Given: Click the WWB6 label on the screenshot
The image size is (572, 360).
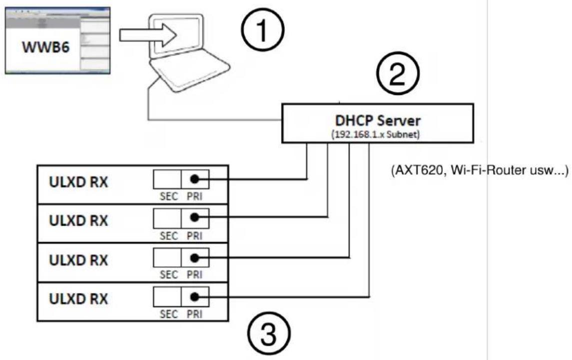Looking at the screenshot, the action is click(x=45, y=47).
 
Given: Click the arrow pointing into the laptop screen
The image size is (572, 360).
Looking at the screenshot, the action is click(x=148, y=35).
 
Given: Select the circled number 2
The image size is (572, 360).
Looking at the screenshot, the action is click(x=398, y=72).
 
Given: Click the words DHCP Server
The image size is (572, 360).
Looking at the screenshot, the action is click(x=378, y=120).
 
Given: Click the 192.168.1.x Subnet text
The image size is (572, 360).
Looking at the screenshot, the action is click(x=376, y=134).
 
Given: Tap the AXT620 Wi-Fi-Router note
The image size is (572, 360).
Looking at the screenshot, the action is click(x=480, y=170).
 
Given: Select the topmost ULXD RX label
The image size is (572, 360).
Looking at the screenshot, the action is click(x=78, y=182).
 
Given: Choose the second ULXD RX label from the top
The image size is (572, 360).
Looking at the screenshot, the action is click(x=78, y=221).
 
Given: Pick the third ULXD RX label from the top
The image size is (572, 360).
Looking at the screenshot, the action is click(x=78, y=260).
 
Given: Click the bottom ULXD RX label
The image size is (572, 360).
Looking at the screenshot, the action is click(x=78, y=299).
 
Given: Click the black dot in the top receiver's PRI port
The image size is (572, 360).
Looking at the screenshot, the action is click(x=195, y=179).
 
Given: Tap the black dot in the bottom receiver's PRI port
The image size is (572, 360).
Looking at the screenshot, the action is click(x=195, y=297).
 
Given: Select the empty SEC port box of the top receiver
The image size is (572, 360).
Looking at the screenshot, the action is click(x=167, y=179).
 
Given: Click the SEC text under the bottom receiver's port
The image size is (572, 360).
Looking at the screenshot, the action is click(x=168, y=314).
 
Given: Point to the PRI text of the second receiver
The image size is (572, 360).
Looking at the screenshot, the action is click(x=194, y=235).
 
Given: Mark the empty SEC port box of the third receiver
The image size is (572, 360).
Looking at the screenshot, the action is click(x=167, y=257).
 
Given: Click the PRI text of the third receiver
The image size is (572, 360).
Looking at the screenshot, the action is click(x=194, y=274).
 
